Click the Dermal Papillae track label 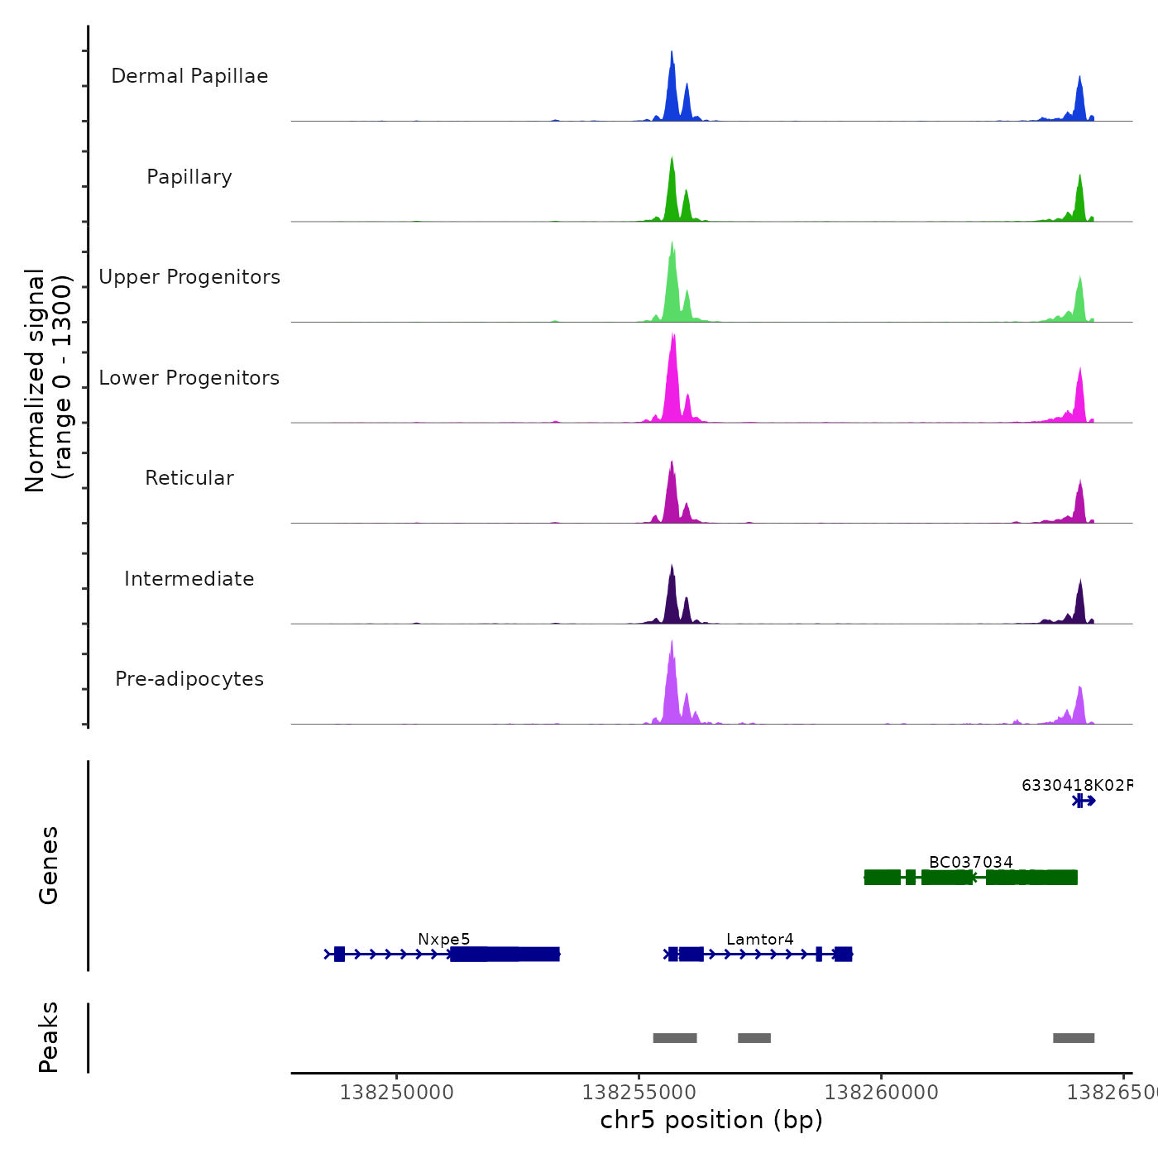point(189,76)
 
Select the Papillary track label point(189,177)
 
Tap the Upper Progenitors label point(189,277)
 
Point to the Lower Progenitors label point(189,378)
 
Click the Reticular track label point(189,478)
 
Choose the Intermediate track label point(189,579)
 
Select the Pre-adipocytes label point(189,679)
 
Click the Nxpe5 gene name point(443,939)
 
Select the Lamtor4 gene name point(759,939)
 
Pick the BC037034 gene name point(970,862)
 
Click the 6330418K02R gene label point(1076,785)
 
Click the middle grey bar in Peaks point(754,1038)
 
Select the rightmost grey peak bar point(1074,1038)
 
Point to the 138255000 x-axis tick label point(639,1093)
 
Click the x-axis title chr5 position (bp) point(711,1121)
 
